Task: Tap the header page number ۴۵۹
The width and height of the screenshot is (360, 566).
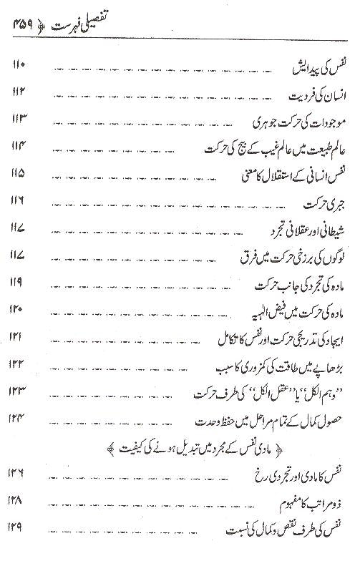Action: point(29,25)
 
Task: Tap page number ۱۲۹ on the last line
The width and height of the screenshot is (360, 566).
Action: point(20,529)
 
